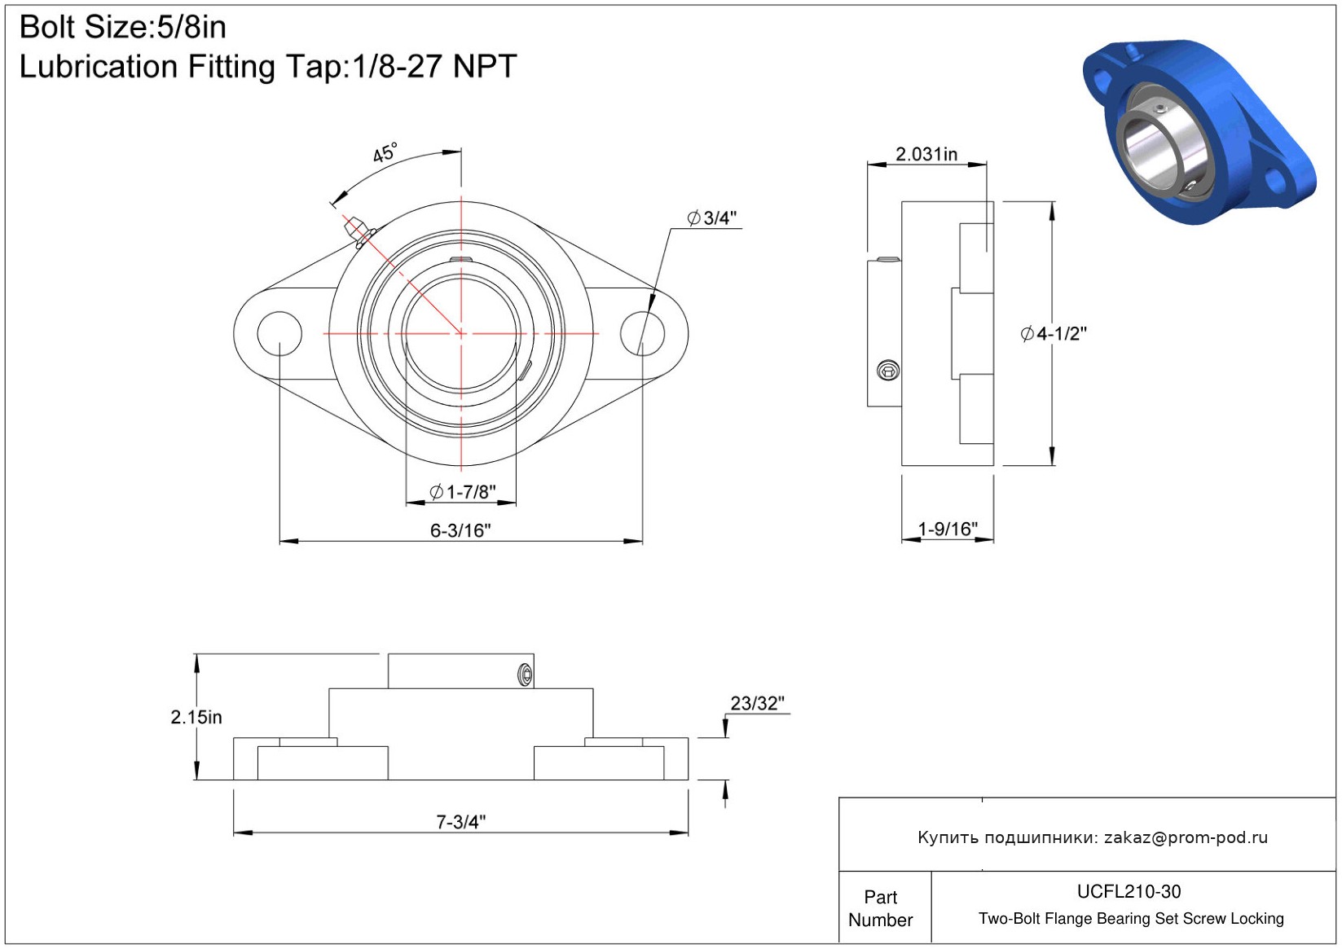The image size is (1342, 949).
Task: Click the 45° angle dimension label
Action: point(385,153)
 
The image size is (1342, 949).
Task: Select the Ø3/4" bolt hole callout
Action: point(711,217)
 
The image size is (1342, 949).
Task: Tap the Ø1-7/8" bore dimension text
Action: point(463,492)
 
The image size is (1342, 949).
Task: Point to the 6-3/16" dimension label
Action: point(460,530)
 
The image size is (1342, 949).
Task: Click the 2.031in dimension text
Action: point(926,154)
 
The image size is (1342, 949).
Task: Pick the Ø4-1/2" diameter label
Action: point(1054,333)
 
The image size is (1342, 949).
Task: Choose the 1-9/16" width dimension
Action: point(948,529)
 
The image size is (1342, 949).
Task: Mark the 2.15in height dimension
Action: point(196,717)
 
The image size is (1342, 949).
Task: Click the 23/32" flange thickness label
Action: point(757,703)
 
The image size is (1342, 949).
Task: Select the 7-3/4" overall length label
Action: point(460,821)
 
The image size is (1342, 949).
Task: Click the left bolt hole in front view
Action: point(279,333)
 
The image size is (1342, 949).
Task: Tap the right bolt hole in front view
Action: point(642,333)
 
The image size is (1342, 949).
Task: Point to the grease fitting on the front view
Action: point(359,232)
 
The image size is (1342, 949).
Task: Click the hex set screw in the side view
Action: point(887,371)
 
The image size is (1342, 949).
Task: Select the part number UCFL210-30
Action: point(1129,891)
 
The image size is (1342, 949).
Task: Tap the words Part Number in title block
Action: point(880,908)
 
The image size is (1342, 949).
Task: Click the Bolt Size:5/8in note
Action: point(123,27)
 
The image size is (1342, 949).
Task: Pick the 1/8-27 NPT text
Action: point(434,66)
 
